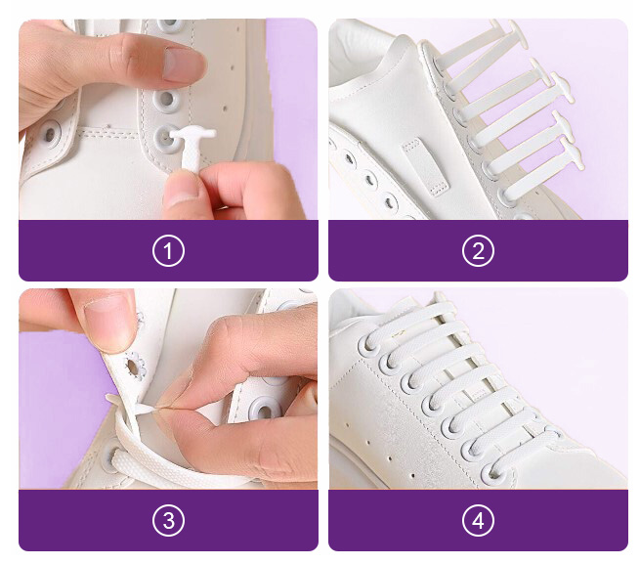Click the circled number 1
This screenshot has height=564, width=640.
click(x=168, y=251)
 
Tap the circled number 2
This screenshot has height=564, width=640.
click(x=478, y=251)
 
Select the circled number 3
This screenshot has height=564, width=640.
click(x=168, y=520)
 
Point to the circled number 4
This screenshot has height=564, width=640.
click(x=478, y=520)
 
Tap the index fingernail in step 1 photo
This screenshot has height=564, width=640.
click(x=183, y=65)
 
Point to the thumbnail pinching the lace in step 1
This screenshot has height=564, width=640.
click(x=181, y=191)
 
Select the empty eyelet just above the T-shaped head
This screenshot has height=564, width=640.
click(x=166, y=99)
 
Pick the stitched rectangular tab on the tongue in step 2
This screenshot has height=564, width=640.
click(x=424, y=167)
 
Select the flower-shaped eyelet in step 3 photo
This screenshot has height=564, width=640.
click(x=134, y=367)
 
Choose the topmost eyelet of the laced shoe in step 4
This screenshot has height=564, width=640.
click(x=369, y=345)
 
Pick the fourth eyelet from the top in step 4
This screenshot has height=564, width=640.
click(x=433, y=406)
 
